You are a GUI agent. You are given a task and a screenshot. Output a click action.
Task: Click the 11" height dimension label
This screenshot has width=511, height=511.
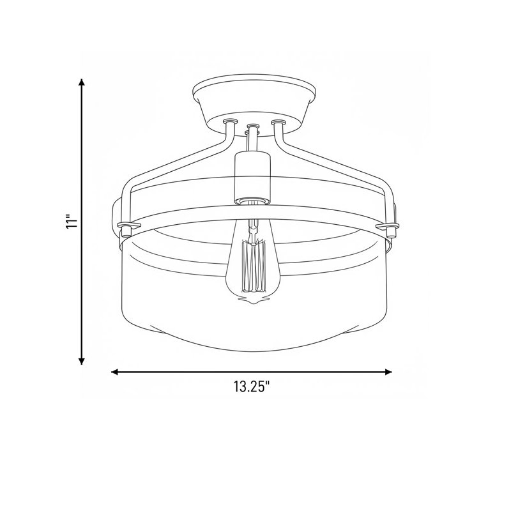tap(72, 222)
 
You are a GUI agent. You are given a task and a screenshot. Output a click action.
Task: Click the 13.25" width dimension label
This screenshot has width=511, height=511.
tap(252, 386)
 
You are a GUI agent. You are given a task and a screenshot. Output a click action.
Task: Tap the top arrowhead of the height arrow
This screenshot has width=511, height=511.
tap(82, 82)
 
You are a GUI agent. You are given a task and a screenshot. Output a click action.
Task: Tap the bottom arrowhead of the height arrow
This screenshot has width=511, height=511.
tap(82, 360)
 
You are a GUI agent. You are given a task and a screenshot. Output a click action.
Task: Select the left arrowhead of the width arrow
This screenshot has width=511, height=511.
tap(115, 372)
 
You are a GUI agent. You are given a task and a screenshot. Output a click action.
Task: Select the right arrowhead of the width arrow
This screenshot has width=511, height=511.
tap(388, 372)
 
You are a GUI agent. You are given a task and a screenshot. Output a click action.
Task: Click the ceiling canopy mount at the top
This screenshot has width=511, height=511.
tap(254, 103)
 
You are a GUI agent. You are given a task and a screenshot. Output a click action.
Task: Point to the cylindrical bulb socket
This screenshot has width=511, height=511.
tap(252, 178)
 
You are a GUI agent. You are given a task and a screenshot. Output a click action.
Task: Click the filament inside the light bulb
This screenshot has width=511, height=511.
tap(253, 266)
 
